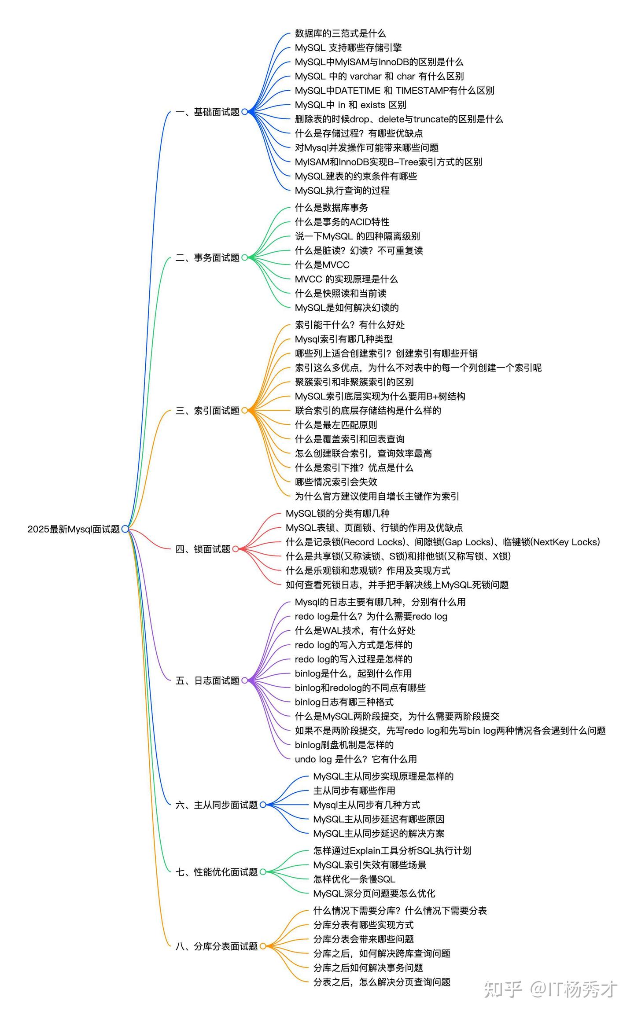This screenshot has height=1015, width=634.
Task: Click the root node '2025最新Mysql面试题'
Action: pos(74,529)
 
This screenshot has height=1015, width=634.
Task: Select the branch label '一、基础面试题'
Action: pos(207,112)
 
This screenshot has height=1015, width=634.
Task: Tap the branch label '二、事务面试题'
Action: pos(207,257)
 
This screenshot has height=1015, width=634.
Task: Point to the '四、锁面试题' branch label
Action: pos(203,549)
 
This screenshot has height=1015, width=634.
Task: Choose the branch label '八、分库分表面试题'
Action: pos(217,946)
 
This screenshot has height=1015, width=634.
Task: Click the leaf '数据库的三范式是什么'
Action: pos(340,33)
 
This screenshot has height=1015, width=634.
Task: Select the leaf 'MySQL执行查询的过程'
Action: pos(342,191)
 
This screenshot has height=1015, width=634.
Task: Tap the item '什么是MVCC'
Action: pos(322,265)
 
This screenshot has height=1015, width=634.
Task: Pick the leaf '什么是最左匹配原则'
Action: pos(336,425)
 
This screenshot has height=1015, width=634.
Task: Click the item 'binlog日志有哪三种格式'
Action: pos(344,702)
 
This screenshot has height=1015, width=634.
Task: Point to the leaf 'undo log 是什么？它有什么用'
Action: pos(356,759)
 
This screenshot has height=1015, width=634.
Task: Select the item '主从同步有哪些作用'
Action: pos(354,791)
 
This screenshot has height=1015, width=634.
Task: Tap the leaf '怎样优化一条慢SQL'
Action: pos(354,879)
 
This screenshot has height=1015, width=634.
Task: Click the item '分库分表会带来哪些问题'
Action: pos(363,939)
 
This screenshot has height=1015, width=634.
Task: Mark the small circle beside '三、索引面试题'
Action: pos(245,411)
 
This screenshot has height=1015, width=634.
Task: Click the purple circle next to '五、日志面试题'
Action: pos(245,680)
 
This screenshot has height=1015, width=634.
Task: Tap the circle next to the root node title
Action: pos(125,529)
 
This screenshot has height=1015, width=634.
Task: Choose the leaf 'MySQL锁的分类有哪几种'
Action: pos(338,513)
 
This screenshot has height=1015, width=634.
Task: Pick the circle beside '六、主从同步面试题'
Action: pos(263,805)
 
